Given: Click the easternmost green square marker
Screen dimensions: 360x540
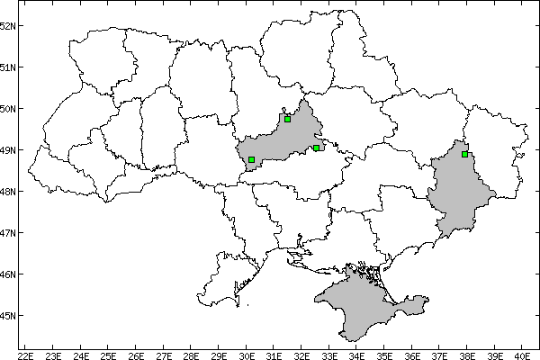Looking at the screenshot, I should (x=464, y=154).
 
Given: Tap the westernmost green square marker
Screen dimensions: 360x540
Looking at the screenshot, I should (x=251, y=159).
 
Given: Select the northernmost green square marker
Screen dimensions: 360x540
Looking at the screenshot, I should (x=287, y=119).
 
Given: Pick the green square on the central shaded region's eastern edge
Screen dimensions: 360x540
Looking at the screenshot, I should (x=317, y=148).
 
